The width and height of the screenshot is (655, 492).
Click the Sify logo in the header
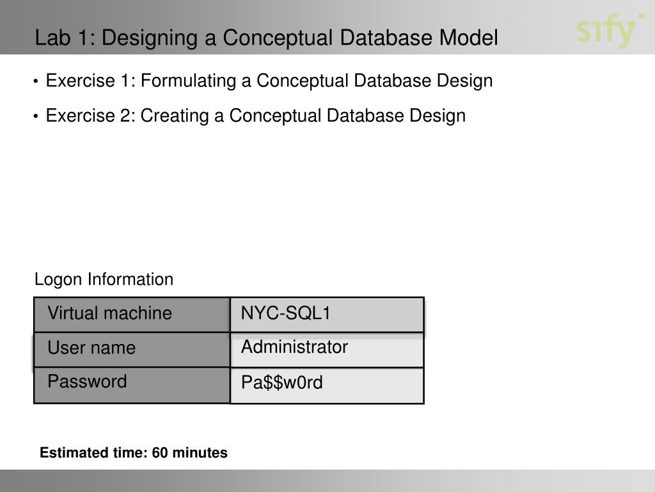(609, 31)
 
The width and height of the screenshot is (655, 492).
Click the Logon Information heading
(104, 280)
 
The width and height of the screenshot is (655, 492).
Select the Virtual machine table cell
(132, 314)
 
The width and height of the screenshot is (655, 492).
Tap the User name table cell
(132, 349)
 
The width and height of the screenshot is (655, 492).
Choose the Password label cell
(132, 384)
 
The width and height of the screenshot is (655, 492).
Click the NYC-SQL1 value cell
(327, 314)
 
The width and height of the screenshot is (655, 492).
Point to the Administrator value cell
(327, 349)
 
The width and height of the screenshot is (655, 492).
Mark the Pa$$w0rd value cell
(327, 384)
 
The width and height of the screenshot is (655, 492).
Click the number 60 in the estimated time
(160, 454)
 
